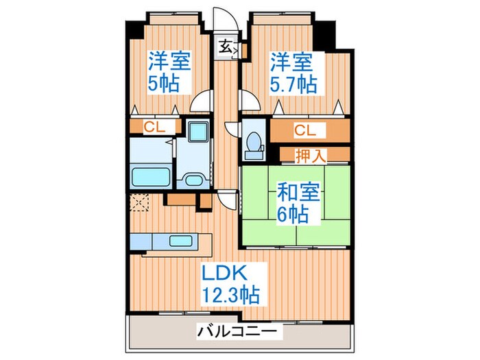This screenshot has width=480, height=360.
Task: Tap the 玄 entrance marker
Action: click(225, 47)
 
